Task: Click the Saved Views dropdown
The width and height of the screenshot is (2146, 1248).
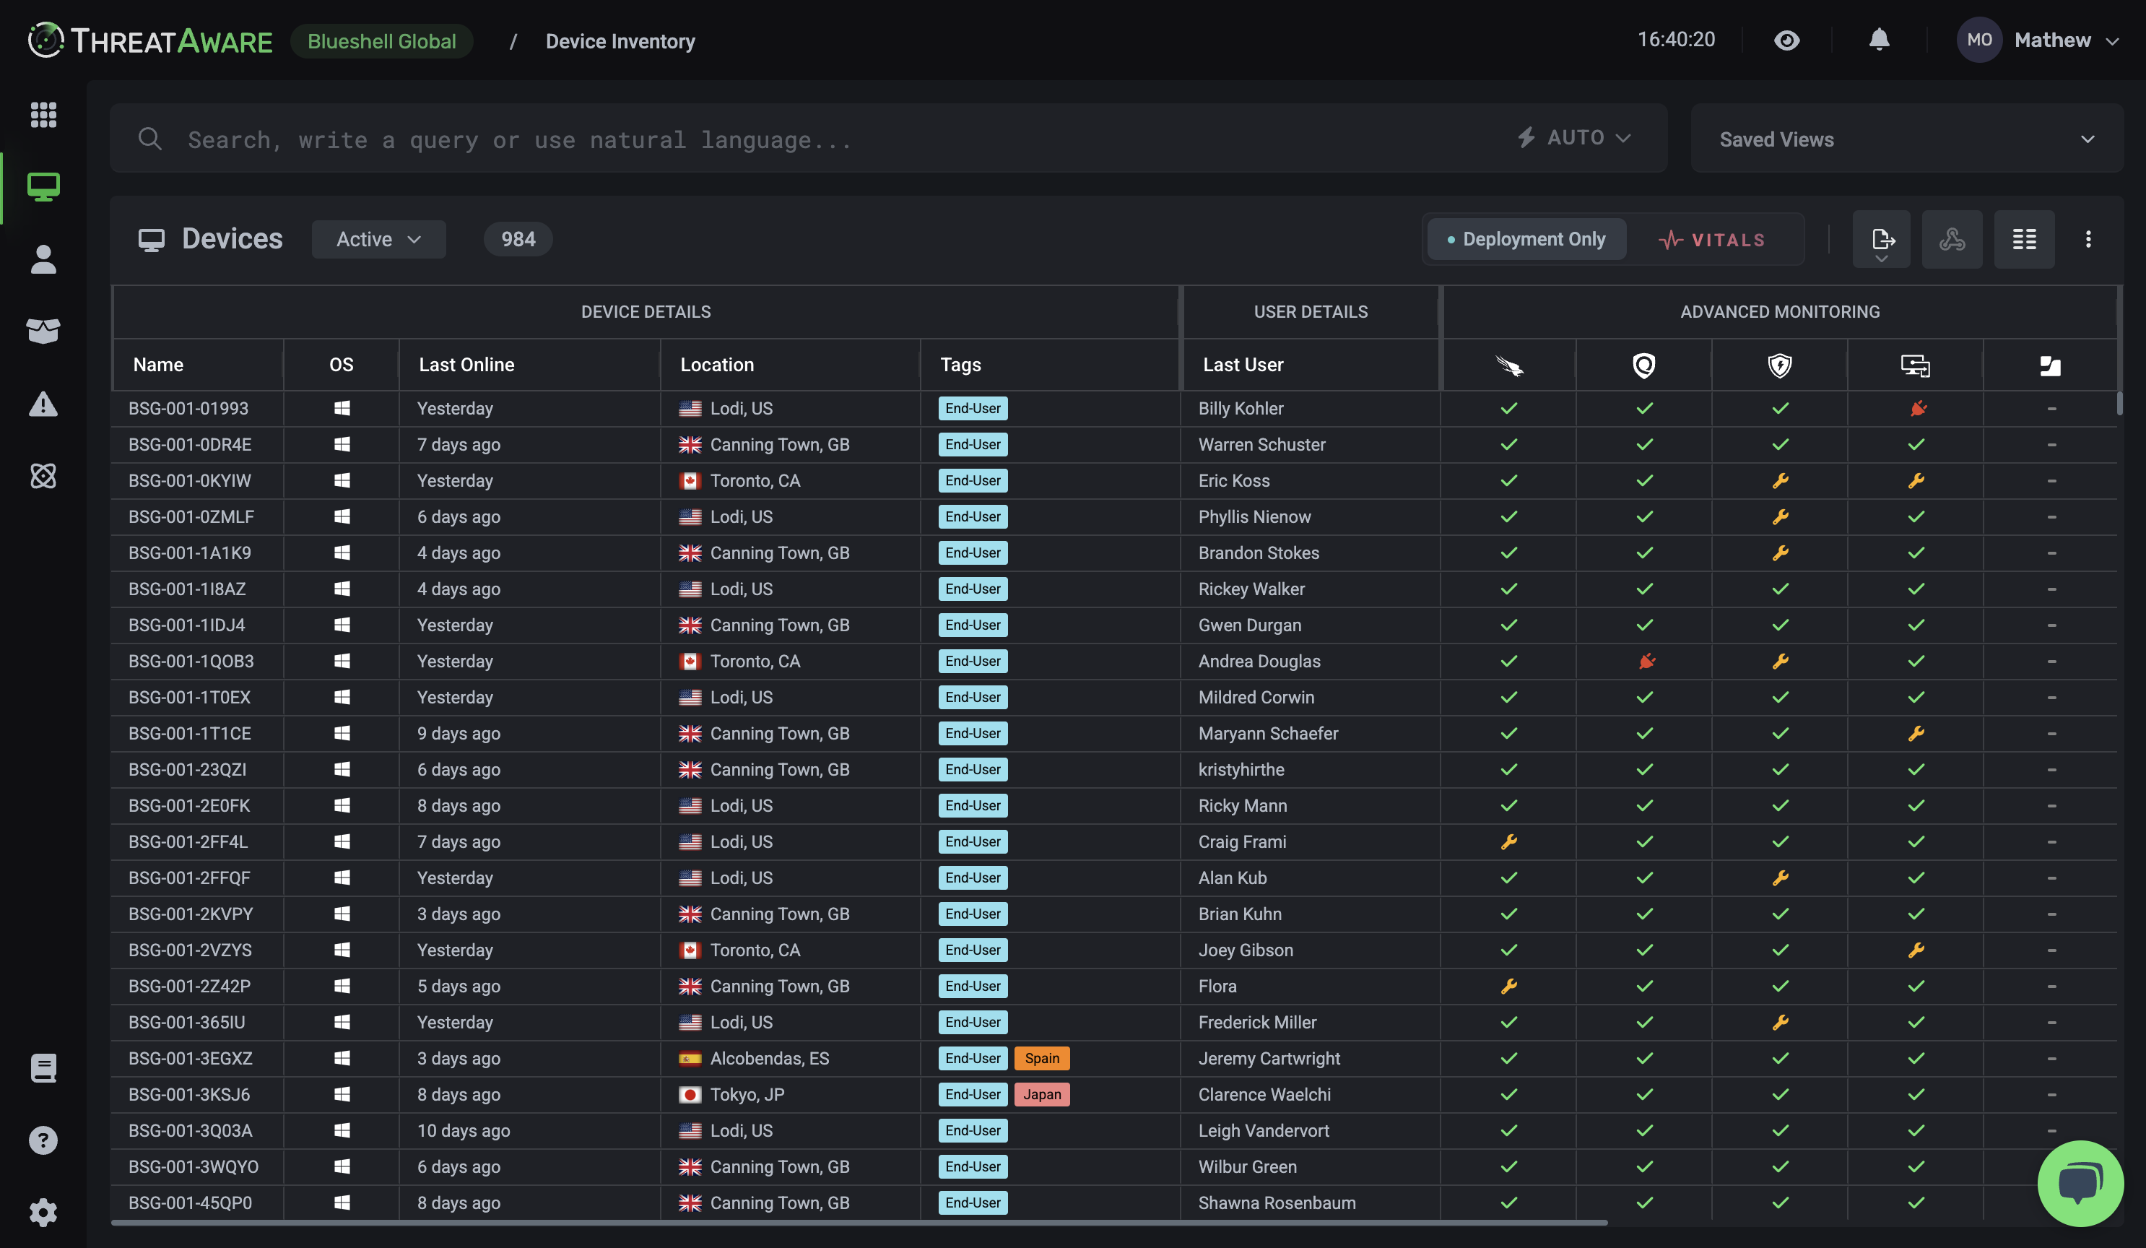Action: click(1905, 139)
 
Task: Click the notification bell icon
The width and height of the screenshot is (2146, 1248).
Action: click(1879, 40)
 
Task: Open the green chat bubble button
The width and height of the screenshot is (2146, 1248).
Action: click(2079, 1182)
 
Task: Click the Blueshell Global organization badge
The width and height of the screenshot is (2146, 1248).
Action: click(381, 41)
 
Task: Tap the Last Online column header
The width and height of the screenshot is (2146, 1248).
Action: click(466, 365)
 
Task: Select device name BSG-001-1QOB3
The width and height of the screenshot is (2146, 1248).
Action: click(191, 661)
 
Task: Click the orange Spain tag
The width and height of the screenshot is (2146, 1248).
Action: click(1041, 1058)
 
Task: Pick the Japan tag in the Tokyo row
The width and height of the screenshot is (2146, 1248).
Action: click(1041, 1095)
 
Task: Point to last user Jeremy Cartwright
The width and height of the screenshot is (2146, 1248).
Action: click(1269, 1058)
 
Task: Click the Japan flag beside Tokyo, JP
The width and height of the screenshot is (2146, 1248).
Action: click(690, 1095)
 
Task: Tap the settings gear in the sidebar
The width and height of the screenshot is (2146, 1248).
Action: click(43, 1212)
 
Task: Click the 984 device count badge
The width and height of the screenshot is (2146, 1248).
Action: click(518, 239)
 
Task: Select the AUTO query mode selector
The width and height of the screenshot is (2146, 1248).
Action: click(1575, 138)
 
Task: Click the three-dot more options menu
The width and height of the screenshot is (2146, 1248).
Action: click(2088, 239)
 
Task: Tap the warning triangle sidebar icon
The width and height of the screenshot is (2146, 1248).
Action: click(43, 404)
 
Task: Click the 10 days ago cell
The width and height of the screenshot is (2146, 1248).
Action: click(464, 1130)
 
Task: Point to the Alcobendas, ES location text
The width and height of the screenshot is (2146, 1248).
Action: click(769, 1058)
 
